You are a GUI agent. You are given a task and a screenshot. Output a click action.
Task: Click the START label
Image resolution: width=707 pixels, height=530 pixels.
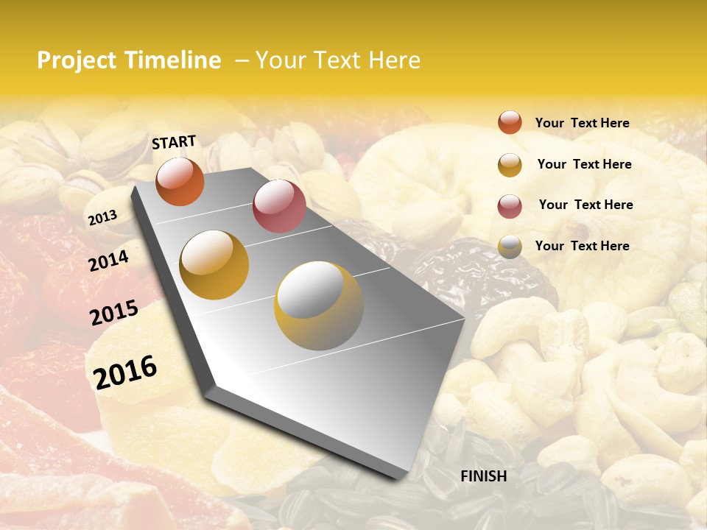(174, 142)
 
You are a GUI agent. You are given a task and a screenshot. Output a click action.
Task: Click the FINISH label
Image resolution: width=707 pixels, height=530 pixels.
(483, 476)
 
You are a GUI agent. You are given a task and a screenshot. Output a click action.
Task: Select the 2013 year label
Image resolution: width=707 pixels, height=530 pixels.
(103, 218)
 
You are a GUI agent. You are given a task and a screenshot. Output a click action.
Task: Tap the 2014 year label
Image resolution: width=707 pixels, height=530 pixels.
(109, 261)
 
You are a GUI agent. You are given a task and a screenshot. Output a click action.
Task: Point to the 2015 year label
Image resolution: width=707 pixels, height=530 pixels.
(114, 313)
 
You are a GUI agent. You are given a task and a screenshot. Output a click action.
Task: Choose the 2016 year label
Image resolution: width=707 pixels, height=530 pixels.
(125, 372)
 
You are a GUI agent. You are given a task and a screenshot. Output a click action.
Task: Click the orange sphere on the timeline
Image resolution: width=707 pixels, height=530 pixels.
(180, 181)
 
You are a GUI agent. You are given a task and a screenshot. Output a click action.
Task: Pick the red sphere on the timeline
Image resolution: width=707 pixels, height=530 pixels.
(279, 206)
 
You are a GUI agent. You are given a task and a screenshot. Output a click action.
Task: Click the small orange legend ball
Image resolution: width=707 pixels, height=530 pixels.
(510, 122)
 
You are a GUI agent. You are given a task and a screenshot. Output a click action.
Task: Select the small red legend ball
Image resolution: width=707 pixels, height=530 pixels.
(510, 206)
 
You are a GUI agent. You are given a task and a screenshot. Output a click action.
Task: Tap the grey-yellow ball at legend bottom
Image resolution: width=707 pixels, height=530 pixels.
(510, 247)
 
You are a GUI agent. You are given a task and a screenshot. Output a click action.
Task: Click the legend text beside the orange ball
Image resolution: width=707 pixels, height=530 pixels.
(582, 123)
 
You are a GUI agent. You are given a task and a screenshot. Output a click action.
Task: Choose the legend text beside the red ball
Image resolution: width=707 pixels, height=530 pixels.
(585, 205)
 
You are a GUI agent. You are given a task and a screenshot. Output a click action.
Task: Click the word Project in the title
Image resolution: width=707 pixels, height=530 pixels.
(77, 60)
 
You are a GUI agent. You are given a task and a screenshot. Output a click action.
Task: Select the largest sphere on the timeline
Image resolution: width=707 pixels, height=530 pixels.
(319, 305)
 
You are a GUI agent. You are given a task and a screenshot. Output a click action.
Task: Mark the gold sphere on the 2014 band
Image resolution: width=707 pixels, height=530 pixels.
(214, 265)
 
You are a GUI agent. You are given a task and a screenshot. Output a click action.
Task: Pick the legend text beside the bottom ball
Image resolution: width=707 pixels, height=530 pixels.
(582, 246)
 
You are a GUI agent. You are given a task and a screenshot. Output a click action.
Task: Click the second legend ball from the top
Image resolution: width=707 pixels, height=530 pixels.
(510, 165)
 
